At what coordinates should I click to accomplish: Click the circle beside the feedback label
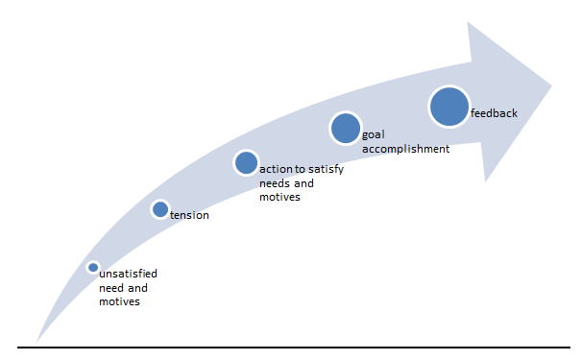coord(449,107)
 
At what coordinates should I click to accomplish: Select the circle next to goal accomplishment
coord(346,128)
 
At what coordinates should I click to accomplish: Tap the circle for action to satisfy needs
coord(246,162)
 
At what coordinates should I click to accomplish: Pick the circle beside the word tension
coord(160,209)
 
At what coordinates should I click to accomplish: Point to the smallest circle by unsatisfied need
coord(93,267)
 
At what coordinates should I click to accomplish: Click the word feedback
coord(494,113)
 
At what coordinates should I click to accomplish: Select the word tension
coord(189,215)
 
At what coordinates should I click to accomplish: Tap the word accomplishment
coord(405,149)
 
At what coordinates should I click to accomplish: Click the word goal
coord(374,134)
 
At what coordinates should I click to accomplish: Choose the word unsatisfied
coord(129,274)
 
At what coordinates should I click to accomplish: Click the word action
coord(276,169)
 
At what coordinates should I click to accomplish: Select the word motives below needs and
coord(279,197)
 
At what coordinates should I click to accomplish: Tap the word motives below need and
coord(119,301)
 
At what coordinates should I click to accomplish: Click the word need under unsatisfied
coord(111,288)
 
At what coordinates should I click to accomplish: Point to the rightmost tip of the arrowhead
coord(552,86)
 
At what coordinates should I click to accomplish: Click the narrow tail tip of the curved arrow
coord(36,342)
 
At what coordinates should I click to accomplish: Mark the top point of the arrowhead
coord(468,22)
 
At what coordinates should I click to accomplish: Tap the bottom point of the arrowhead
coord(485,181)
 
